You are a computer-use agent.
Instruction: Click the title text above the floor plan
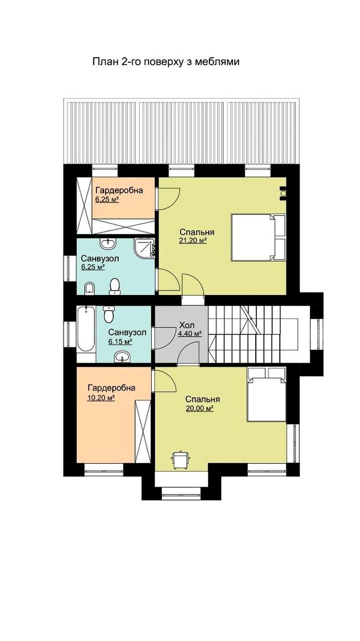point(166,62)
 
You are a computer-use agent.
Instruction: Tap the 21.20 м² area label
point(193,241)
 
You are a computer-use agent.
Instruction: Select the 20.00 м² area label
point(199,409)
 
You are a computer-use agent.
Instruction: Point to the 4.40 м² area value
point(190,334)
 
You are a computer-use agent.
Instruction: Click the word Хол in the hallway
point(187,325)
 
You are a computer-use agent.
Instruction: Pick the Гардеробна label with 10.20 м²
point(112,388)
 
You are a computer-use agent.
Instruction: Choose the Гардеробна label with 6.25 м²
point(119,190)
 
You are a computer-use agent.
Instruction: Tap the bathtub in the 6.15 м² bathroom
point(85,330)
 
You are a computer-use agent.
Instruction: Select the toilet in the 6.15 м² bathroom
point(108,314)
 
